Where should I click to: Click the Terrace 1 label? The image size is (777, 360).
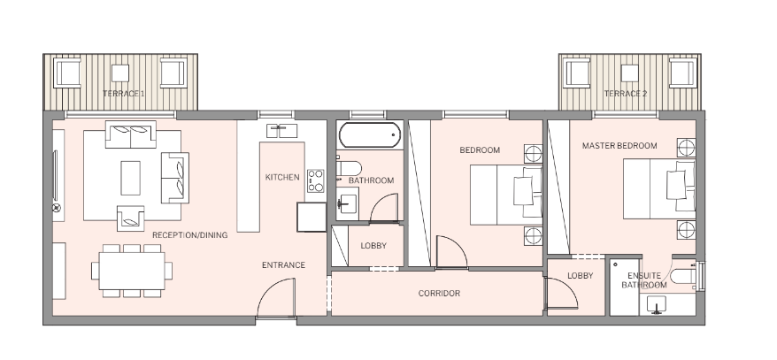pos(123,93)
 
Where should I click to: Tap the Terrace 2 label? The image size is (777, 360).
pos(626,93)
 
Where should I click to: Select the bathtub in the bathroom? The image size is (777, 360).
pos(369,134)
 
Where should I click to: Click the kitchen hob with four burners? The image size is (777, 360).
pos(315,180)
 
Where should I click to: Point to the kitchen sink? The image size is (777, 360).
pos(282,131)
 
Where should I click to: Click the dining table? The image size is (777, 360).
pos(132,271)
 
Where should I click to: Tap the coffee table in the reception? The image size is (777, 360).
pos(130,178)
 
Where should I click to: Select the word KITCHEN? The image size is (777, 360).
pos(282,177)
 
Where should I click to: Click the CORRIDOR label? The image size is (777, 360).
pos(439,293)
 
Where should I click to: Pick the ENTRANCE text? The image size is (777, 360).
pos(283,265)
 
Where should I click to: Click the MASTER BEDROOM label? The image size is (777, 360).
pos(619,146)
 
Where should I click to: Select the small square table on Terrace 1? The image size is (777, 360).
pos(120,73)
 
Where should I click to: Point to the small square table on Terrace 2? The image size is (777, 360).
pos(630,73)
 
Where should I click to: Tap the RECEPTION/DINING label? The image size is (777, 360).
pos(189,235)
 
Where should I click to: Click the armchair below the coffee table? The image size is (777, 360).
pos(130,218)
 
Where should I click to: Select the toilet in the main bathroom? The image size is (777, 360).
pos(349,168)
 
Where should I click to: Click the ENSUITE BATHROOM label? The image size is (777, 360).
pos(644,280)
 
